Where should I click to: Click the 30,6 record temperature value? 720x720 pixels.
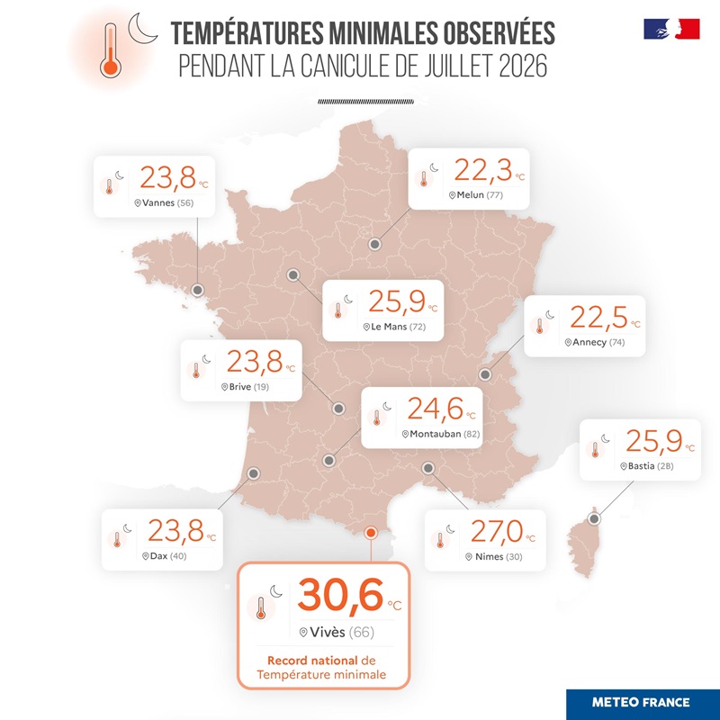pyautogui.click(x=340, y=595)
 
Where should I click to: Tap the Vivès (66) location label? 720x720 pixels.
pyautogui.click(x=337, y=633)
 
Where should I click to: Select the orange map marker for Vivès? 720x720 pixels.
pyautogui.click(x=370, y=533)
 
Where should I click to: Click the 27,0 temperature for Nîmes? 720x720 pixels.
pyautogui.click(x=497, y=531)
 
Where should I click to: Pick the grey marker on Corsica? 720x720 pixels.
pyautogui.click(x=595, y=519)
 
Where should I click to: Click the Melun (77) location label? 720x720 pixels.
pyautogui.click(x=476, y=195)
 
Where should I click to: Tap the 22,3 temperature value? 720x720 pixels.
pyautogui.click(x=483, y=170)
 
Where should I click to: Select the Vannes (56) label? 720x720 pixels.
pyautogui.click(x=164, y=203)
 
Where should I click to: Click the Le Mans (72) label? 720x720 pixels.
pyautogui.click(x=394, y=327)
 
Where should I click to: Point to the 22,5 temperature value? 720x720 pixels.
pyautogui.click(x=598, y=318)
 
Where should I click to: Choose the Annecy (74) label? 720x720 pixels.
pyautogui.click(x=595, y=342)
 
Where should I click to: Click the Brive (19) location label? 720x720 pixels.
pyautogui.click(x=245, y=387)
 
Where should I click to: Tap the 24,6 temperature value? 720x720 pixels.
pyautogui.click(x=436, y=409)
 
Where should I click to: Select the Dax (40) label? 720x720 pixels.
pyautogui.click(x=165, y=556)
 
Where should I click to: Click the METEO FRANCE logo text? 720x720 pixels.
pyautogui.click(x=641, y=703)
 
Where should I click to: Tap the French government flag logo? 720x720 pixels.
pyautogui.click(x=671, y=29)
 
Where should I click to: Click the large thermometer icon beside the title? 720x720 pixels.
pyautogui.click(x=111, y=50)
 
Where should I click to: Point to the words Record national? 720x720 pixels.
pyautogui.click(x=312, y=661)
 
